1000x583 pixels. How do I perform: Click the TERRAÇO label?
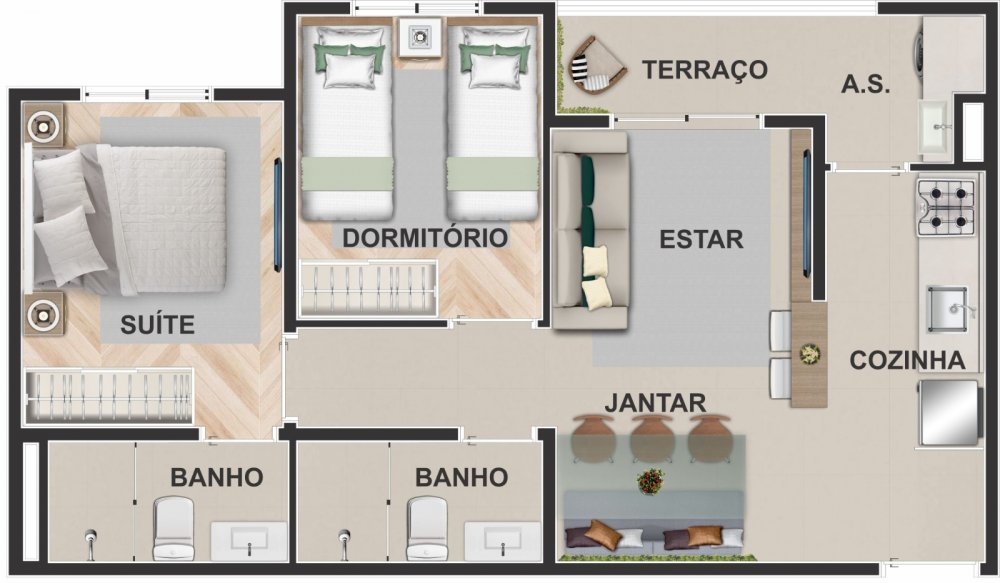point(704,70)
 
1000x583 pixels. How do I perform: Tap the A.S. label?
point(865,84)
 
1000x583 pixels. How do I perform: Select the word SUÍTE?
point(158,325)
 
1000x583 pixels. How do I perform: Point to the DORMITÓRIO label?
point(425,238)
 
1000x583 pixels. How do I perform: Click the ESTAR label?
point(701,239)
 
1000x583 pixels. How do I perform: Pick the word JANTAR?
point(655,403)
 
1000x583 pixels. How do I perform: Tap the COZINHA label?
point(907,360)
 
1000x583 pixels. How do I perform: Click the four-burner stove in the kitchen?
point(946,207)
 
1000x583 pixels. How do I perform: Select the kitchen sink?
point(948,309)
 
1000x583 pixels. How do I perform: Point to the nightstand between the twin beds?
point(420,37)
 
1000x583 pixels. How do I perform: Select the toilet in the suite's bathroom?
point(173,529)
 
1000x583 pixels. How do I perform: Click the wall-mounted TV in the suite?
point(277,215)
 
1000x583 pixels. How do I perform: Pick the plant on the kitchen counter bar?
point(810,355)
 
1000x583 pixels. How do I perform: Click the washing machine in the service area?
point(921,49)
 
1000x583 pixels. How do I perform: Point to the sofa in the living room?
point(591,230)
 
